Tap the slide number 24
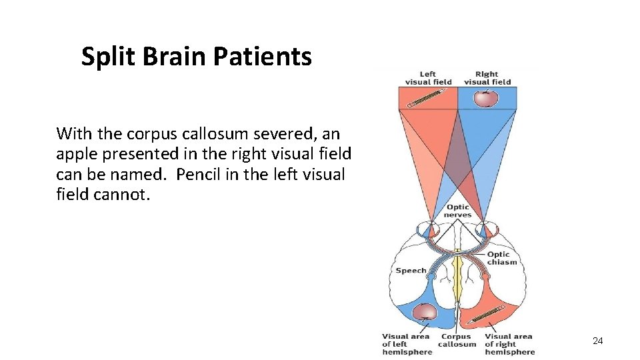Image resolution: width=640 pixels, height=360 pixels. point(597,341)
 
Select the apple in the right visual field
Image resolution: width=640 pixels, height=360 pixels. point(486,99)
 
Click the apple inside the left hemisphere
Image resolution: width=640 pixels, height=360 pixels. point(425,311)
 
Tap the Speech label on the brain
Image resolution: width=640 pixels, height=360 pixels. point(411,270)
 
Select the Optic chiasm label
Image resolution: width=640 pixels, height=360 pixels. point(501,258)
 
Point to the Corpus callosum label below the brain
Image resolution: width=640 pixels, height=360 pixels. point(457,340)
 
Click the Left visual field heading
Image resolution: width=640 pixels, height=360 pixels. point(428,78)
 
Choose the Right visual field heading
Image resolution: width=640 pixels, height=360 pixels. point(487,78)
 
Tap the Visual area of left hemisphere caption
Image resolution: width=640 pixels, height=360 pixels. point(407,344)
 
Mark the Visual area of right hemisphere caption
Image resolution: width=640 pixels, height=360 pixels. point(510,344)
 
